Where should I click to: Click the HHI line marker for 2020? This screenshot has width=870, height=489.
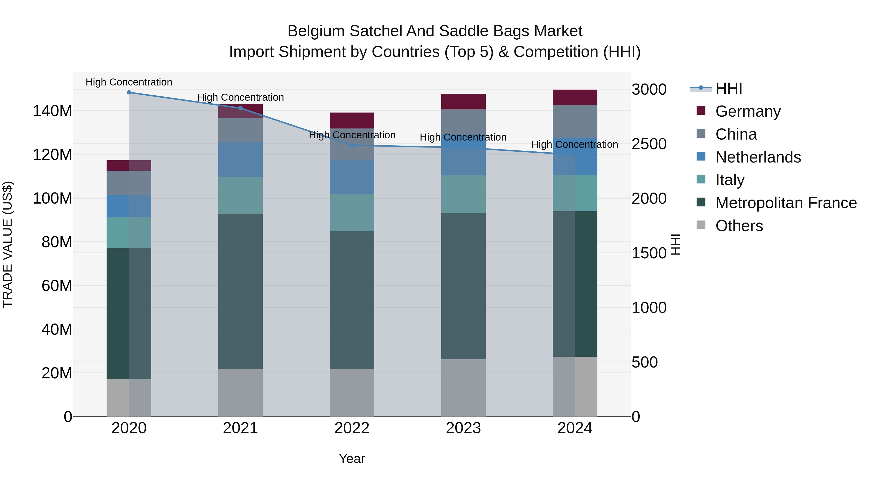tap(129, 92)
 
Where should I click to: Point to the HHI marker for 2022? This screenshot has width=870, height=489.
tap(352, 145)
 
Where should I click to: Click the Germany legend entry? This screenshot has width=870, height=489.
tap(748, 111)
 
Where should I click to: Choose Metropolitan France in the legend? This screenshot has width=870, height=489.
tap(786, 203)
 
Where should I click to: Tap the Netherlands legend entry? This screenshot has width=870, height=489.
tap(758, 157)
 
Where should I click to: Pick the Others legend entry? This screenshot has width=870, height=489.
tap(739, 226)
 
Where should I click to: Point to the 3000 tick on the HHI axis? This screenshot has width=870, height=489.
tap(649, 89)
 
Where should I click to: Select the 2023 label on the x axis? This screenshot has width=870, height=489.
tap(463, 428)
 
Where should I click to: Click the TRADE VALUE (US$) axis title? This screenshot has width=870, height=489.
tap(7, 244)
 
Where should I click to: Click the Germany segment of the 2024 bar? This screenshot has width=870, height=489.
tap(575, 98)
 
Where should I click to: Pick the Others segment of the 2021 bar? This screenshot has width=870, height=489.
tap(240, 392)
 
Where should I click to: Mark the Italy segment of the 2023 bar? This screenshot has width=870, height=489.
tap(463, 194)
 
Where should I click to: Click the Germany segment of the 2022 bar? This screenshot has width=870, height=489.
tap(352, 120)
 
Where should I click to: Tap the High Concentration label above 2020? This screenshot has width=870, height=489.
tap(129, 82)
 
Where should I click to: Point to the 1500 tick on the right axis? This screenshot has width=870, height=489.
tap(649, 253)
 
